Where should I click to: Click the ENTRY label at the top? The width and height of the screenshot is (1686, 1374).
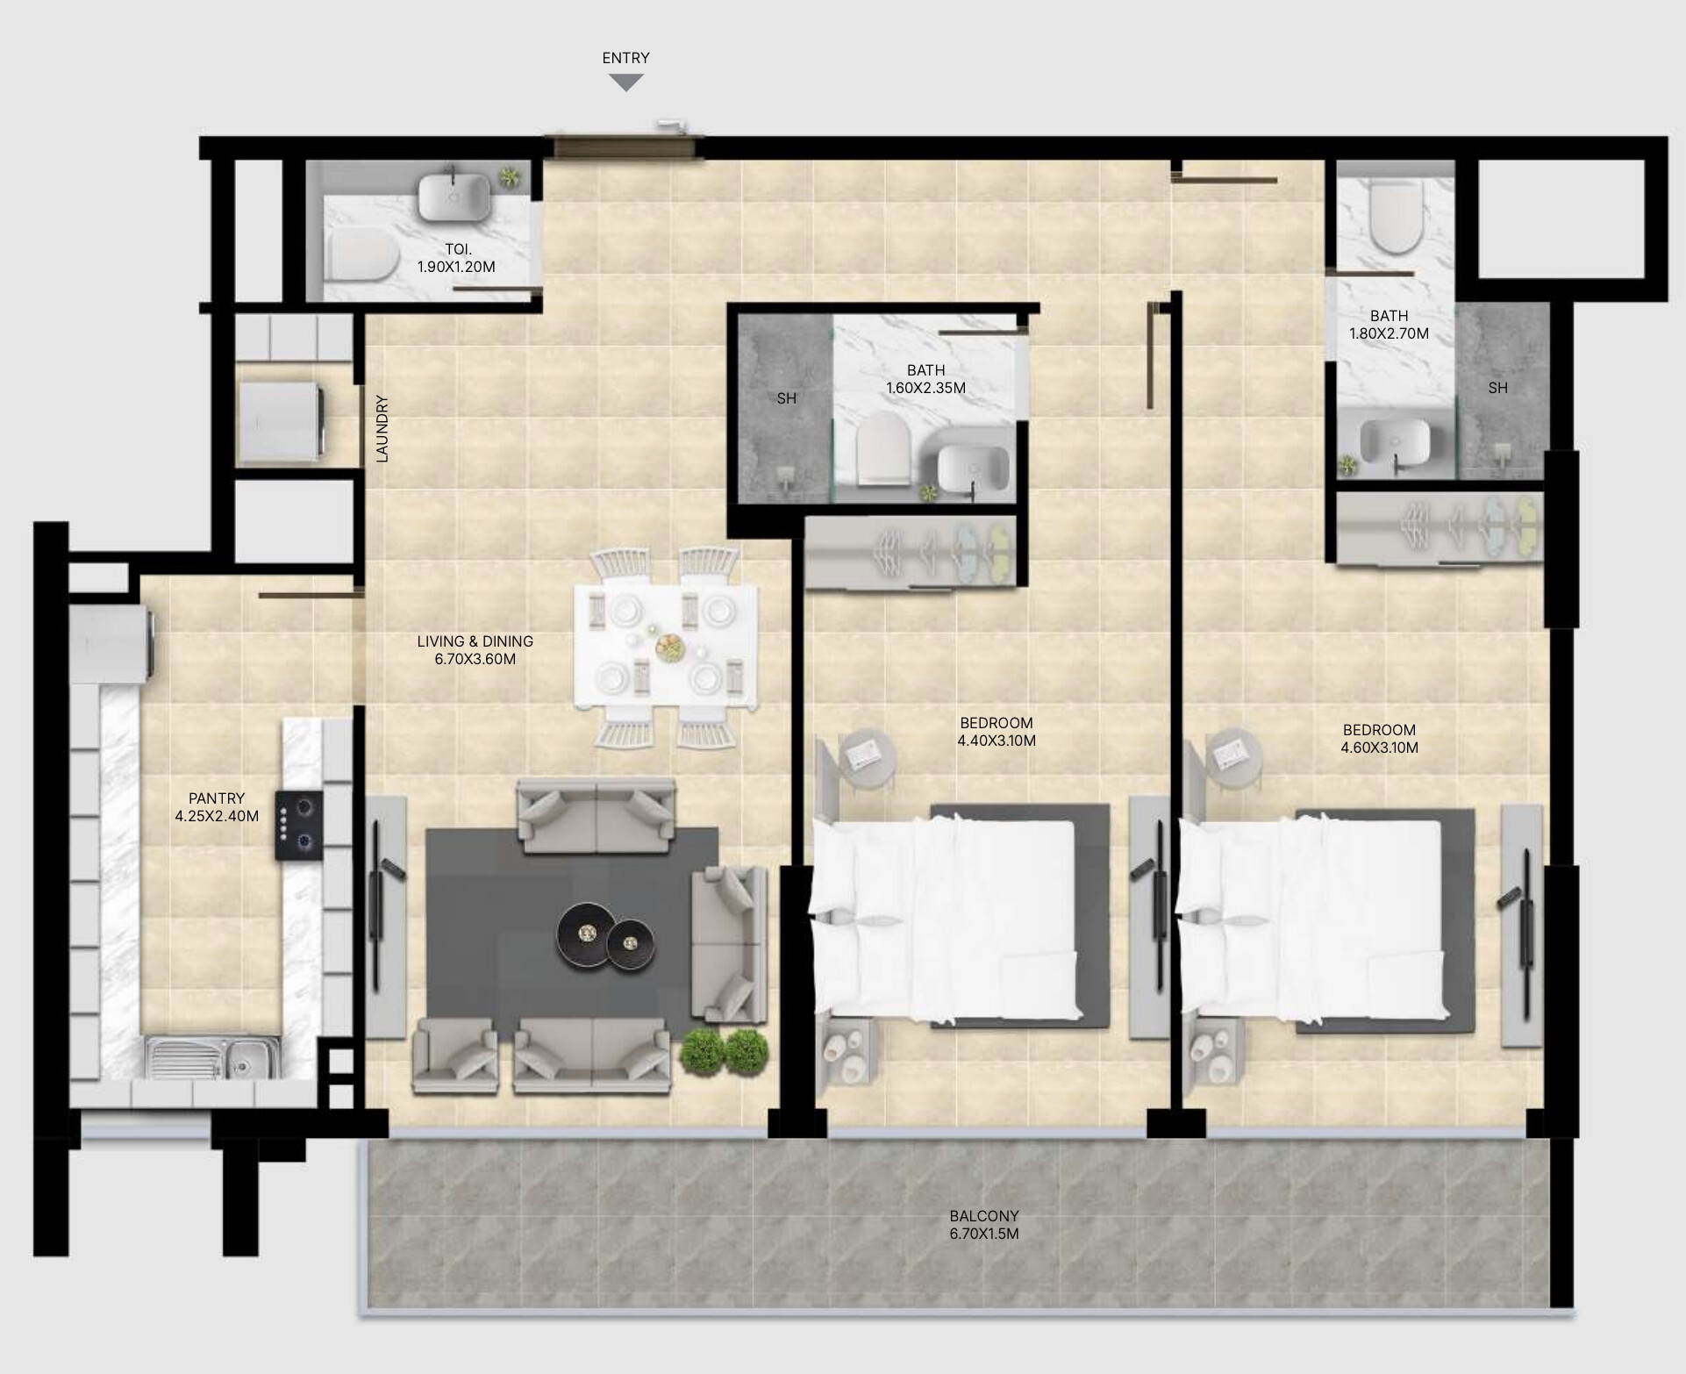tap(625, 58)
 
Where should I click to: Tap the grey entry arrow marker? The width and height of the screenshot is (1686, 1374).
tap(626, 82)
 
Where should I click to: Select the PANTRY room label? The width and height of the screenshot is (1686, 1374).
tap(217, 798)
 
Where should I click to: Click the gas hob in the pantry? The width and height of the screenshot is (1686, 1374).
tap(299, 825)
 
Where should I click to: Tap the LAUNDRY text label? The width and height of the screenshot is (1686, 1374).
tap(382, 429)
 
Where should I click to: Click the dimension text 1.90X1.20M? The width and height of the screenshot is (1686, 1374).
tap(456, 267)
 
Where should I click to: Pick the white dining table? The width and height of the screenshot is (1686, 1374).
tap(665, 645)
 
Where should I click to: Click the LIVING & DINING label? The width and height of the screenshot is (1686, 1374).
tap(475, 641)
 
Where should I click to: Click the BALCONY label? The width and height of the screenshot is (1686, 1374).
tap(984, 1216)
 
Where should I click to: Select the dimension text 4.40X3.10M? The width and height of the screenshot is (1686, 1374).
tap(997, 741)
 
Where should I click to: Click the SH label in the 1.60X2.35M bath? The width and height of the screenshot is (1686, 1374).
tap(787, 398)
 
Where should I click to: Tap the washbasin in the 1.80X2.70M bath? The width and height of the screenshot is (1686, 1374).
tap(1396, 438)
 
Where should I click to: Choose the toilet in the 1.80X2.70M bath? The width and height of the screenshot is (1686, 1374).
tap(1394, 218)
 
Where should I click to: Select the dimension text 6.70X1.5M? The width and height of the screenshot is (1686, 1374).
tap(984, 1234)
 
